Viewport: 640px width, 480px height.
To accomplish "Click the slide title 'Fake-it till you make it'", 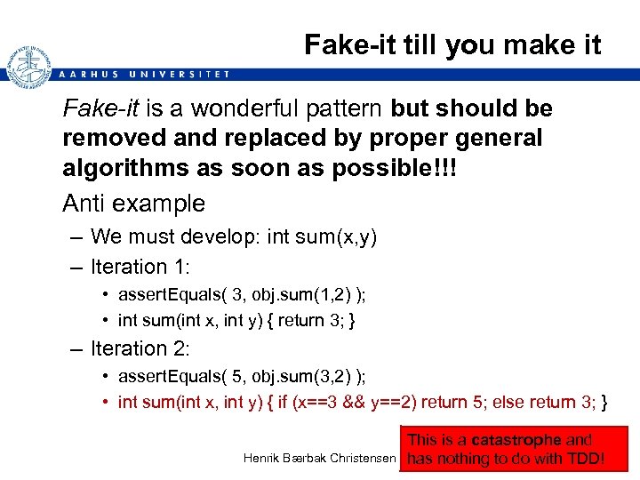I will coord(452,44).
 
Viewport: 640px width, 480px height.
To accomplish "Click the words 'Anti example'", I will coord(133,204).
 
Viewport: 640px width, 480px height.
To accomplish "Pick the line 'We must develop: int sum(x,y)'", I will coord(234,236).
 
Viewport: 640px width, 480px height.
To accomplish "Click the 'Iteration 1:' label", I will coord(141,267).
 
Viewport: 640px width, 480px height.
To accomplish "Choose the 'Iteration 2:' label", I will coord(141,348).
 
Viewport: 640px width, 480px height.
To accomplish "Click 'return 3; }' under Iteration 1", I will coord(320,320).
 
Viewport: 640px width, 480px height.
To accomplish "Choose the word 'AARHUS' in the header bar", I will coord(86,74).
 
